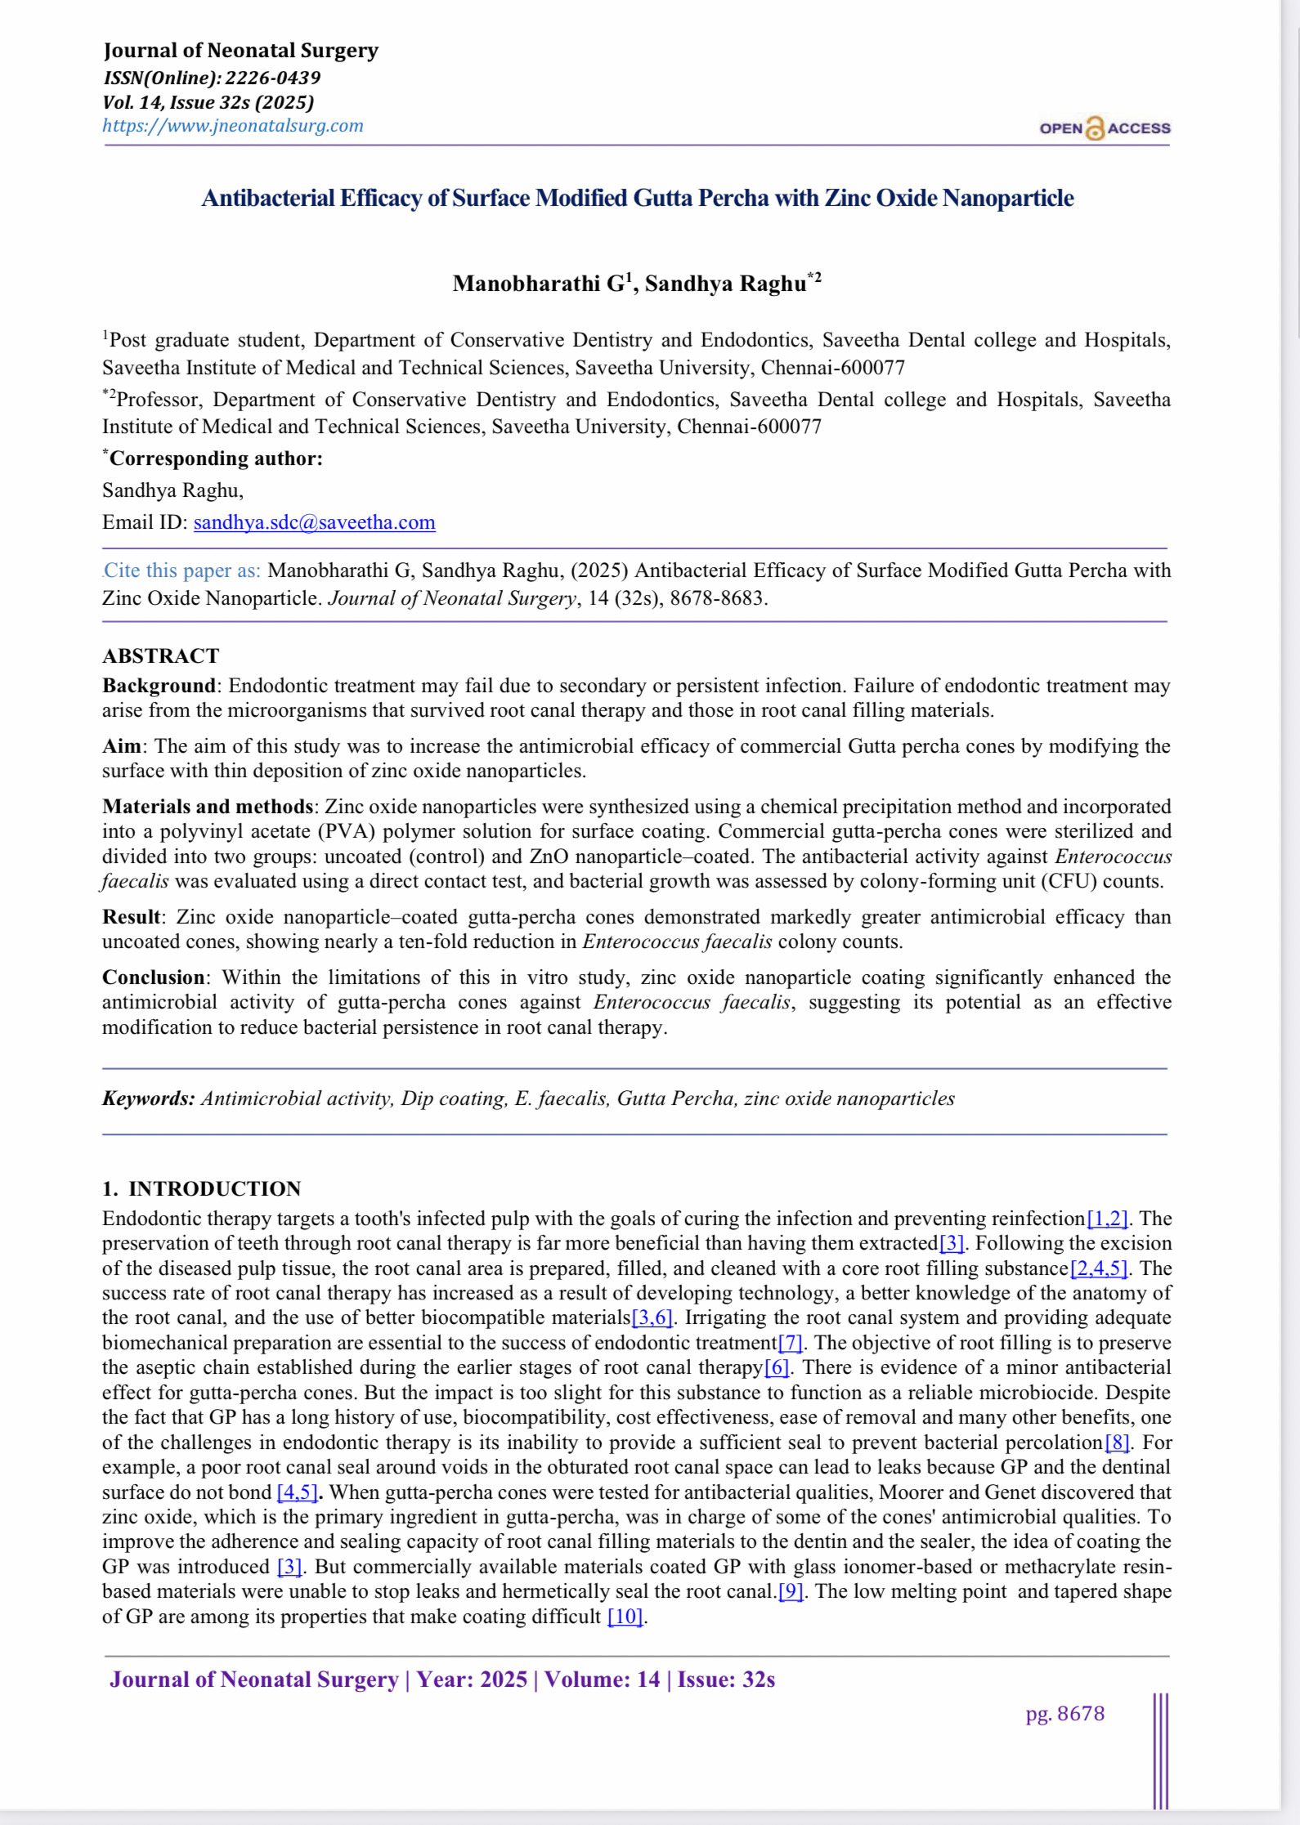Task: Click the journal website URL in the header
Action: point(232,126)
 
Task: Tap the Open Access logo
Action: point(1104,128)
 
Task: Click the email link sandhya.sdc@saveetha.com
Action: point(314,522)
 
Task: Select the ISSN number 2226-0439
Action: point(272,78)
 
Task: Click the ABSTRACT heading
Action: point(160,656)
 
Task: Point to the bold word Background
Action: point(158,686)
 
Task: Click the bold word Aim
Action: point(121,746)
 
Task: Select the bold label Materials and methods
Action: point(207,807)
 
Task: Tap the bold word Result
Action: point(132,917)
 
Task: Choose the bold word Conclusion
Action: point(153,977)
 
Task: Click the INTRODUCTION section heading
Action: point(214,1188)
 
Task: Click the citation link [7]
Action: point(790,1343)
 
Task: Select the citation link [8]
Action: point(1117,1443)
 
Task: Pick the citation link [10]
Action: point(625,1617)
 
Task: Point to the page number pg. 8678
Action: point(1065,1713)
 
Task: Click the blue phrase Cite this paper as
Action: point(182,570)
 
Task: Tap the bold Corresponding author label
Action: point(215,458)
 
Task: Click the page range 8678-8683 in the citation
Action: point(716,598)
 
